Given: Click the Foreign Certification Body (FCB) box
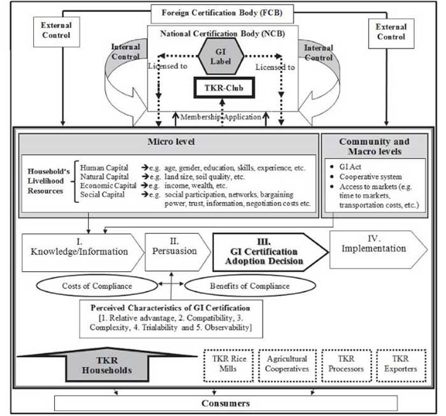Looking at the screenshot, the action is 222,13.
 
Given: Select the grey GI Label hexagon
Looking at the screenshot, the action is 220,56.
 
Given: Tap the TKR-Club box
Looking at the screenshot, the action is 224,88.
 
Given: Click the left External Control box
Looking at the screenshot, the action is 56,32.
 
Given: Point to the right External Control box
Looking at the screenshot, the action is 391,33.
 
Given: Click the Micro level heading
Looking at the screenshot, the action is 171,142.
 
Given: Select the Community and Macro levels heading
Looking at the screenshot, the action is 375,146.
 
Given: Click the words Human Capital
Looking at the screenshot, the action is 104,168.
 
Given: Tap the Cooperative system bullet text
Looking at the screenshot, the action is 370,177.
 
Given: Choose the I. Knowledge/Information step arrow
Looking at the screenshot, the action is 83,253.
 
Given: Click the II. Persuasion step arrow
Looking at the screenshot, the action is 178,252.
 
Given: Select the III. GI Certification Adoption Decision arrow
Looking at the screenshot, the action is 271,252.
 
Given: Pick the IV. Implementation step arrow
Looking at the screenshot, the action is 378,249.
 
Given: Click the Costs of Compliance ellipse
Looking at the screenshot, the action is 97,285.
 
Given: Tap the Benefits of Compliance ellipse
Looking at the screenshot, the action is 250,286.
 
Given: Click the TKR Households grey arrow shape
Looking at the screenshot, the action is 107,366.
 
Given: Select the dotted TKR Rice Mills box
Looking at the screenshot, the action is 229,366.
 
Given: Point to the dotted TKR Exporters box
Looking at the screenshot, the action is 401,366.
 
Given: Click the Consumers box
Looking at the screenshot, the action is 226,403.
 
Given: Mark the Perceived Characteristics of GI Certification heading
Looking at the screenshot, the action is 170,308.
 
